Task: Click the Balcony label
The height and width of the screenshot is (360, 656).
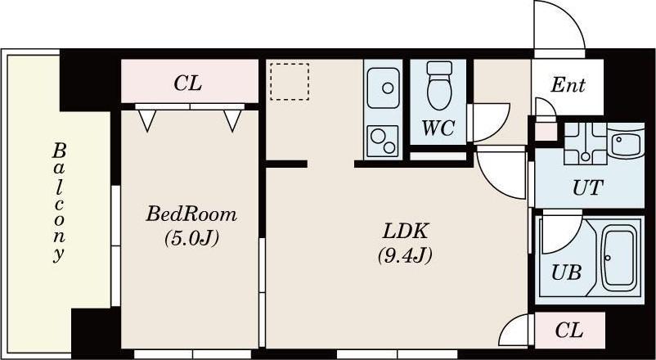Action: pos(59,203)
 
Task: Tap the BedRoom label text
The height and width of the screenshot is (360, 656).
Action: pos(191,214)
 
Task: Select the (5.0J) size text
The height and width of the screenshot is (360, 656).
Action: pos(191,239)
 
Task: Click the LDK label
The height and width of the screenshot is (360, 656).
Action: pos(405,232)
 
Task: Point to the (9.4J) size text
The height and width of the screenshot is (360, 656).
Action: pos(405,255)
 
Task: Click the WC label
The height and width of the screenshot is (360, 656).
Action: pos(438,128)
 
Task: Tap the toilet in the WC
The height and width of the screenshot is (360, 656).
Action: pos(440,85)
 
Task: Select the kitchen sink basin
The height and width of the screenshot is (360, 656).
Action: pos(384,88)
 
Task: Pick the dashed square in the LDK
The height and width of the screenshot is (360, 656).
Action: pos(290,82)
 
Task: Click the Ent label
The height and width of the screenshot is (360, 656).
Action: pos(568,85)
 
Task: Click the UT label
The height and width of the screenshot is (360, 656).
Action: pos(588,188)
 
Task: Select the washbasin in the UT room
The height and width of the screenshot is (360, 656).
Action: pos(626,143)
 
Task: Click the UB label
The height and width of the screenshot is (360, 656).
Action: pos(566,273)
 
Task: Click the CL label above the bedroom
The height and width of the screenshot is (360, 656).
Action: pos(188,83)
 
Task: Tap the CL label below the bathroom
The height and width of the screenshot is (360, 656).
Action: pos(569,331)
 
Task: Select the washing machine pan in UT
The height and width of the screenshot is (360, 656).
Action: pos(585,143)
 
